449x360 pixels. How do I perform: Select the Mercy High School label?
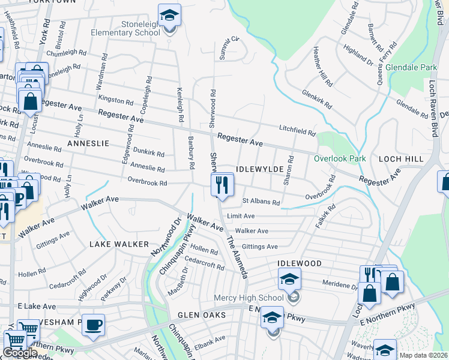pyautogui.click(x=249, y=298)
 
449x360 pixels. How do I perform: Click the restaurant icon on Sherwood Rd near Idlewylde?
pyautogui.click(x=222, y=184)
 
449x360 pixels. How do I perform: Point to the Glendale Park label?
pyautogui.click(x=411, y=68)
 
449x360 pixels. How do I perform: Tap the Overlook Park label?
pyautogui.click(x=339, y=159)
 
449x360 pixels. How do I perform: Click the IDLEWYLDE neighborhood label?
pyautogui.click(x=259, y=170)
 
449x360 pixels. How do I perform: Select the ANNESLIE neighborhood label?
pyautogui.click(x=88, y=144)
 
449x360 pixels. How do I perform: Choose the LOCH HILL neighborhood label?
pyautogui.click(x=402, y=159)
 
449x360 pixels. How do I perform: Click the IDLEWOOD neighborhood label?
pyautogui.click(x=300, y=263)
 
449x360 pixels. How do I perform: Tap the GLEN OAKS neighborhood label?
pyautogui.click(x=201, y=315)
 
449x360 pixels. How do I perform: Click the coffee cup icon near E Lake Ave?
pyautogui.click(x=93, y=325)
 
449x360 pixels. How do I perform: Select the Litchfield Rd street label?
pyautogui.click(x=297, y=130)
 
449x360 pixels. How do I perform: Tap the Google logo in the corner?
pyautogui.click(x=20, y=353)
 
